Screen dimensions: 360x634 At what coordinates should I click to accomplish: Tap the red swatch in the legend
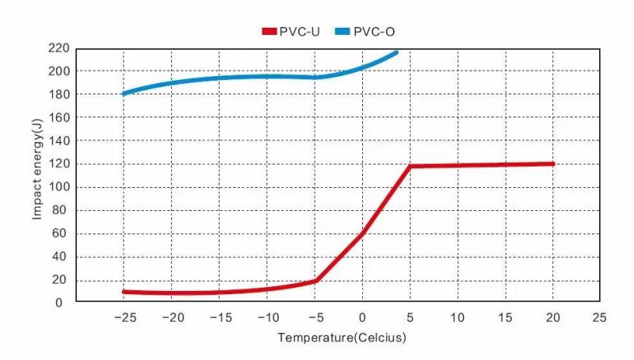coord(268,31)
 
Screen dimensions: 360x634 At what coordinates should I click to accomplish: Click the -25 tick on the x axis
coord(123,317)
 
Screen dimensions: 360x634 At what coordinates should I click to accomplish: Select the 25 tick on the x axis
coord(600,317)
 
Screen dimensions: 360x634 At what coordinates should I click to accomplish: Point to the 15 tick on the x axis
coord(505,317)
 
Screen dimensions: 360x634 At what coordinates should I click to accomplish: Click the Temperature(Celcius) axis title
coord(342,339)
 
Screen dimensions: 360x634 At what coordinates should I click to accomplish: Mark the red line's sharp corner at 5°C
coord(410,167)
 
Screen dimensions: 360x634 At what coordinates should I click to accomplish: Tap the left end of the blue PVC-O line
coord(124,94)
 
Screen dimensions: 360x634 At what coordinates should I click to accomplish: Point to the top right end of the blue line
coord(396,52)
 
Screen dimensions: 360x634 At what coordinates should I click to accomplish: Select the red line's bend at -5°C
coord(315,281)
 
